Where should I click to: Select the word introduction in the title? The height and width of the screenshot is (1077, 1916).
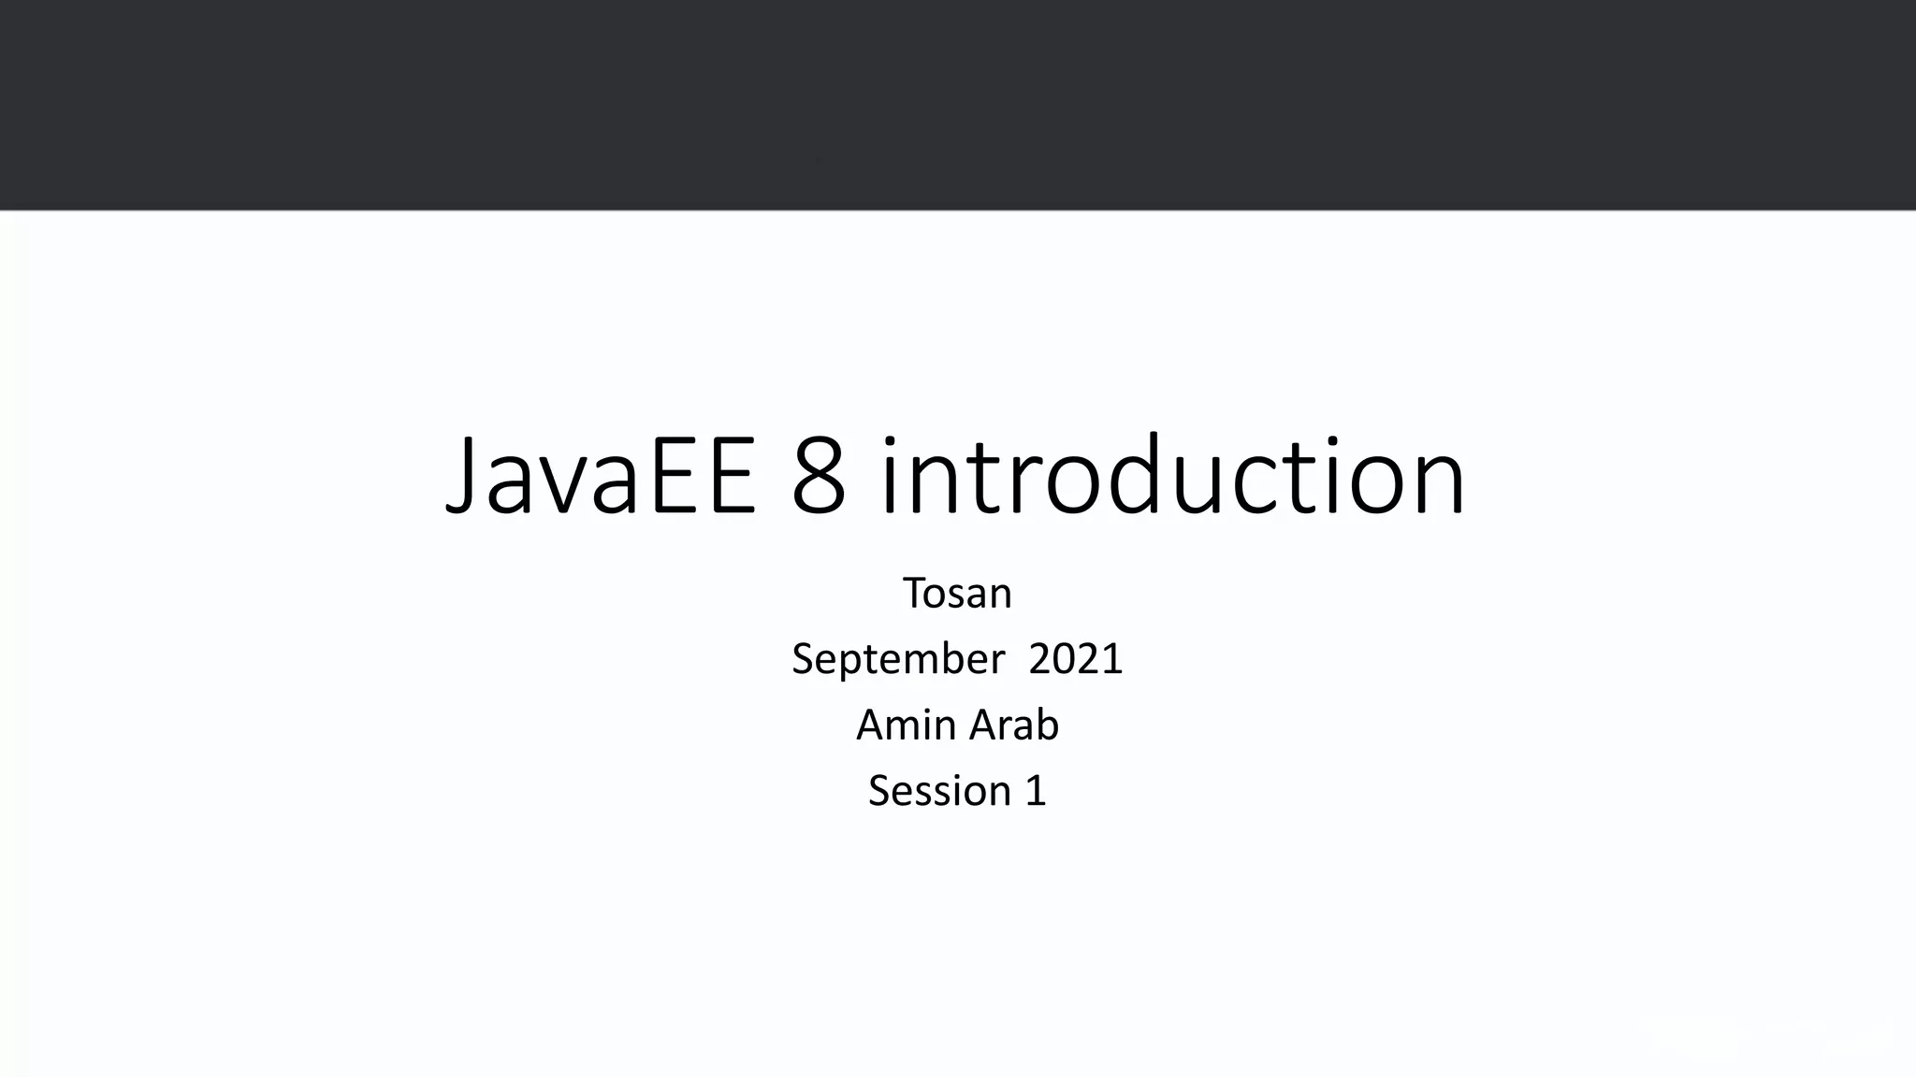(x=1172, y=477)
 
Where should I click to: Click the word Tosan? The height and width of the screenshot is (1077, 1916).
(x=957, y=593)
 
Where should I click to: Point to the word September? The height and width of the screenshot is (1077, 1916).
(x=897, y=659)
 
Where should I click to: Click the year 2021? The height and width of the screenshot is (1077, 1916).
(x=1075, y=659)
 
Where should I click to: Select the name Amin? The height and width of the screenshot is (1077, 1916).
(x=904, y=725)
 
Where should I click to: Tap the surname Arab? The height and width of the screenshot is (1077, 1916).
(x=1014, y=725)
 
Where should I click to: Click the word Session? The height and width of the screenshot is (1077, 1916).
(x=939, y=791)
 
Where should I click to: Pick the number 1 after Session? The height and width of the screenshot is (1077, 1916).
(x=1036, y=791)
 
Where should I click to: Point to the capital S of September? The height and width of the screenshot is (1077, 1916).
(x=803, y=659)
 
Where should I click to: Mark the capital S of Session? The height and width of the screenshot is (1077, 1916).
(x=879, y=791)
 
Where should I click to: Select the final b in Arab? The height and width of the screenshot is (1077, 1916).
(x=1046, y=725)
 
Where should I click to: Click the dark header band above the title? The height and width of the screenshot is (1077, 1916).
(x=958, y=103)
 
